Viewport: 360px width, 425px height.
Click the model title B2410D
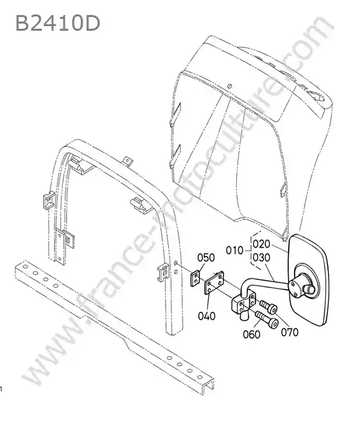[58, 23]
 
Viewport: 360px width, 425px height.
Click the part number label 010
[235, 250]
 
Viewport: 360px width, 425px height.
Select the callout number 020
[262, 245]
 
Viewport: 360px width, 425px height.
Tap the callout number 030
[262, 258]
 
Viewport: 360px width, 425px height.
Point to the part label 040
[207, 316]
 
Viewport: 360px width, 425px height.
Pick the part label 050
[206, 258]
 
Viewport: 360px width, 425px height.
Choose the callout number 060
[251, 335]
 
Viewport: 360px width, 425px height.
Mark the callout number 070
[289, 332]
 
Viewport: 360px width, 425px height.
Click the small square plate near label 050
[195, 279]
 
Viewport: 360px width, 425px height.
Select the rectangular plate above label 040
[214, 283]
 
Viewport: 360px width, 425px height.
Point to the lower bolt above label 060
[268, 319]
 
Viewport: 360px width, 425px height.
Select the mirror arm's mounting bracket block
[243, 303]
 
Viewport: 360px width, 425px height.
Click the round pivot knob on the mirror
[310, 290]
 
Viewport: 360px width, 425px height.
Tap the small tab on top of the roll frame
[128, 161]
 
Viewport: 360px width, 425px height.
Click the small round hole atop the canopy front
[230, 86]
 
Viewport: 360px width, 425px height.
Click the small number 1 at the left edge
[1, 390]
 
